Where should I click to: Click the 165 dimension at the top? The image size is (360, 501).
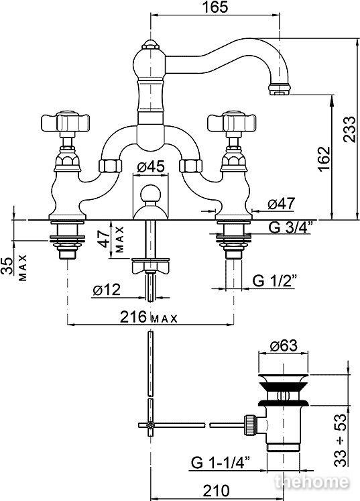[216, 7]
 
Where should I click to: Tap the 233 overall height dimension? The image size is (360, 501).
[349, 129]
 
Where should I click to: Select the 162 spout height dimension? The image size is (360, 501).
[324, 159]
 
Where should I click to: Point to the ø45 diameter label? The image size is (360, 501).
[151, 167]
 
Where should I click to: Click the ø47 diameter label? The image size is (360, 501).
[282, 203]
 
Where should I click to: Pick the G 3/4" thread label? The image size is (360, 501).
[290, 227]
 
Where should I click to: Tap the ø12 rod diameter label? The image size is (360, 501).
[107, 290]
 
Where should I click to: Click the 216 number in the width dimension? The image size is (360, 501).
[133, 317]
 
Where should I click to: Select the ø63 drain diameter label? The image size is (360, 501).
[284, 345]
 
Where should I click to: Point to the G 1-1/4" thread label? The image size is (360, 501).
[221, 462]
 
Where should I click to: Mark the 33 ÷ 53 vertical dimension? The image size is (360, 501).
[342, 440]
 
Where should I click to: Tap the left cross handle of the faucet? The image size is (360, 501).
[66, 122]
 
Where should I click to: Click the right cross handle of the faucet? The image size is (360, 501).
[232, 122]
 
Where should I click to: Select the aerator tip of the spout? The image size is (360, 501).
[280, 89]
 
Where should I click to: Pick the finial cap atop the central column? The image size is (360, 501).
[150, 44]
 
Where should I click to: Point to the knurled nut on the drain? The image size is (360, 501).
[249, 425]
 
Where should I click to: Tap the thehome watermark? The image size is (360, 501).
[312, 482]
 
